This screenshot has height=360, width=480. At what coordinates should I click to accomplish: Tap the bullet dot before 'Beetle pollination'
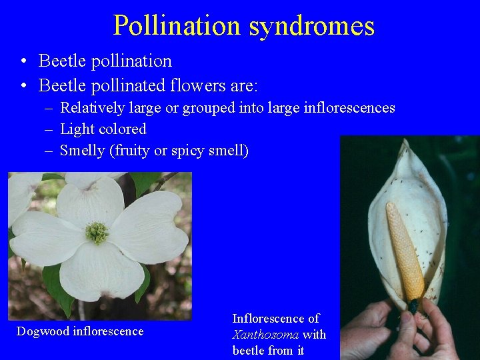pos(23,61)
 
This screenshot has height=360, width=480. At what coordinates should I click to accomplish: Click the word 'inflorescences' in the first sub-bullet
pos(353,108)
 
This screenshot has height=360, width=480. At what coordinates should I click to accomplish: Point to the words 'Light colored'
pos(103,129)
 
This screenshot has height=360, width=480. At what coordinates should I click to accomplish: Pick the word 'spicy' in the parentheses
pos(189,151)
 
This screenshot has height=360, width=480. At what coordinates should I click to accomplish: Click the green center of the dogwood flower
pos(97,232)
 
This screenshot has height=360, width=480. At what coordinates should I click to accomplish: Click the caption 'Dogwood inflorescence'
pos(80,331)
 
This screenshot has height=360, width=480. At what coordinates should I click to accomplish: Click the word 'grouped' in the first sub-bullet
pos(189,108)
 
